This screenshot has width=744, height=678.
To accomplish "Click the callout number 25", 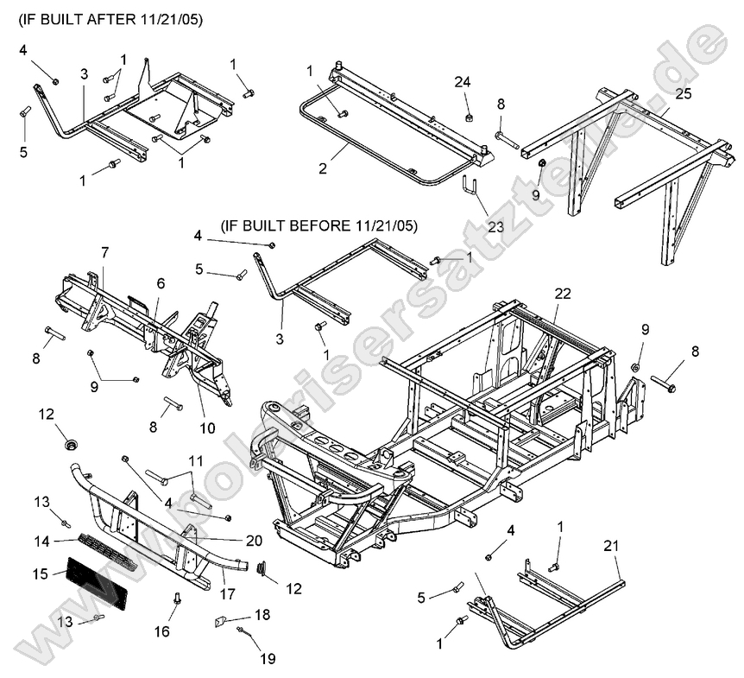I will [x=684, y=92].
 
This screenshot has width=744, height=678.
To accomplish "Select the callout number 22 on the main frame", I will [x=563, y=294].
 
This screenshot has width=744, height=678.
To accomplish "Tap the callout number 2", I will [x=322, y=168].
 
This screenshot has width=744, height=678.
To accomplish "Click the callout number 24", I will [x=463, y=82].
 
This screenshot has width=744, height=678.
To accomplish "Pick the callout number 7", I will [x=104, y=252].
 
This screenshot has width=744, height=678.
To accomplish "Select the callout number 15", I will [x=41, y=573].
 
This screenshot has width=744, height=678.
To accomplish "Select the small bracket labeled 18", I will [x=221, y=619].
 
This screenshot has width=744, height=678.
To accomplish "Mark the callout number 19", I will [x=268, y=660].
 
